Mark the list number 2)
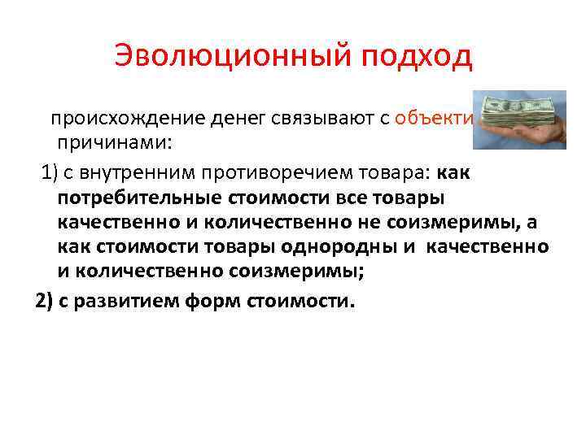(46, 301)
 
